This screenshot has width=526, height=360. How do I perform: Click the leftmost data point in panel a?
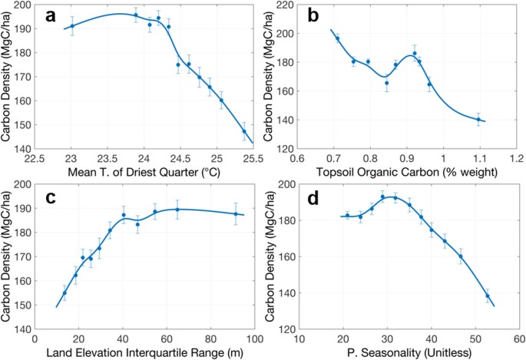point(72,26)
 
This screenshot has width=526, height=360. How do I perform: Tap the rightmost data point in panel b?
point(478,119)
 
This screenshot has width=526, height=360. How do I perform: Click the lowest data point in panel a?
point(244,131)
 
